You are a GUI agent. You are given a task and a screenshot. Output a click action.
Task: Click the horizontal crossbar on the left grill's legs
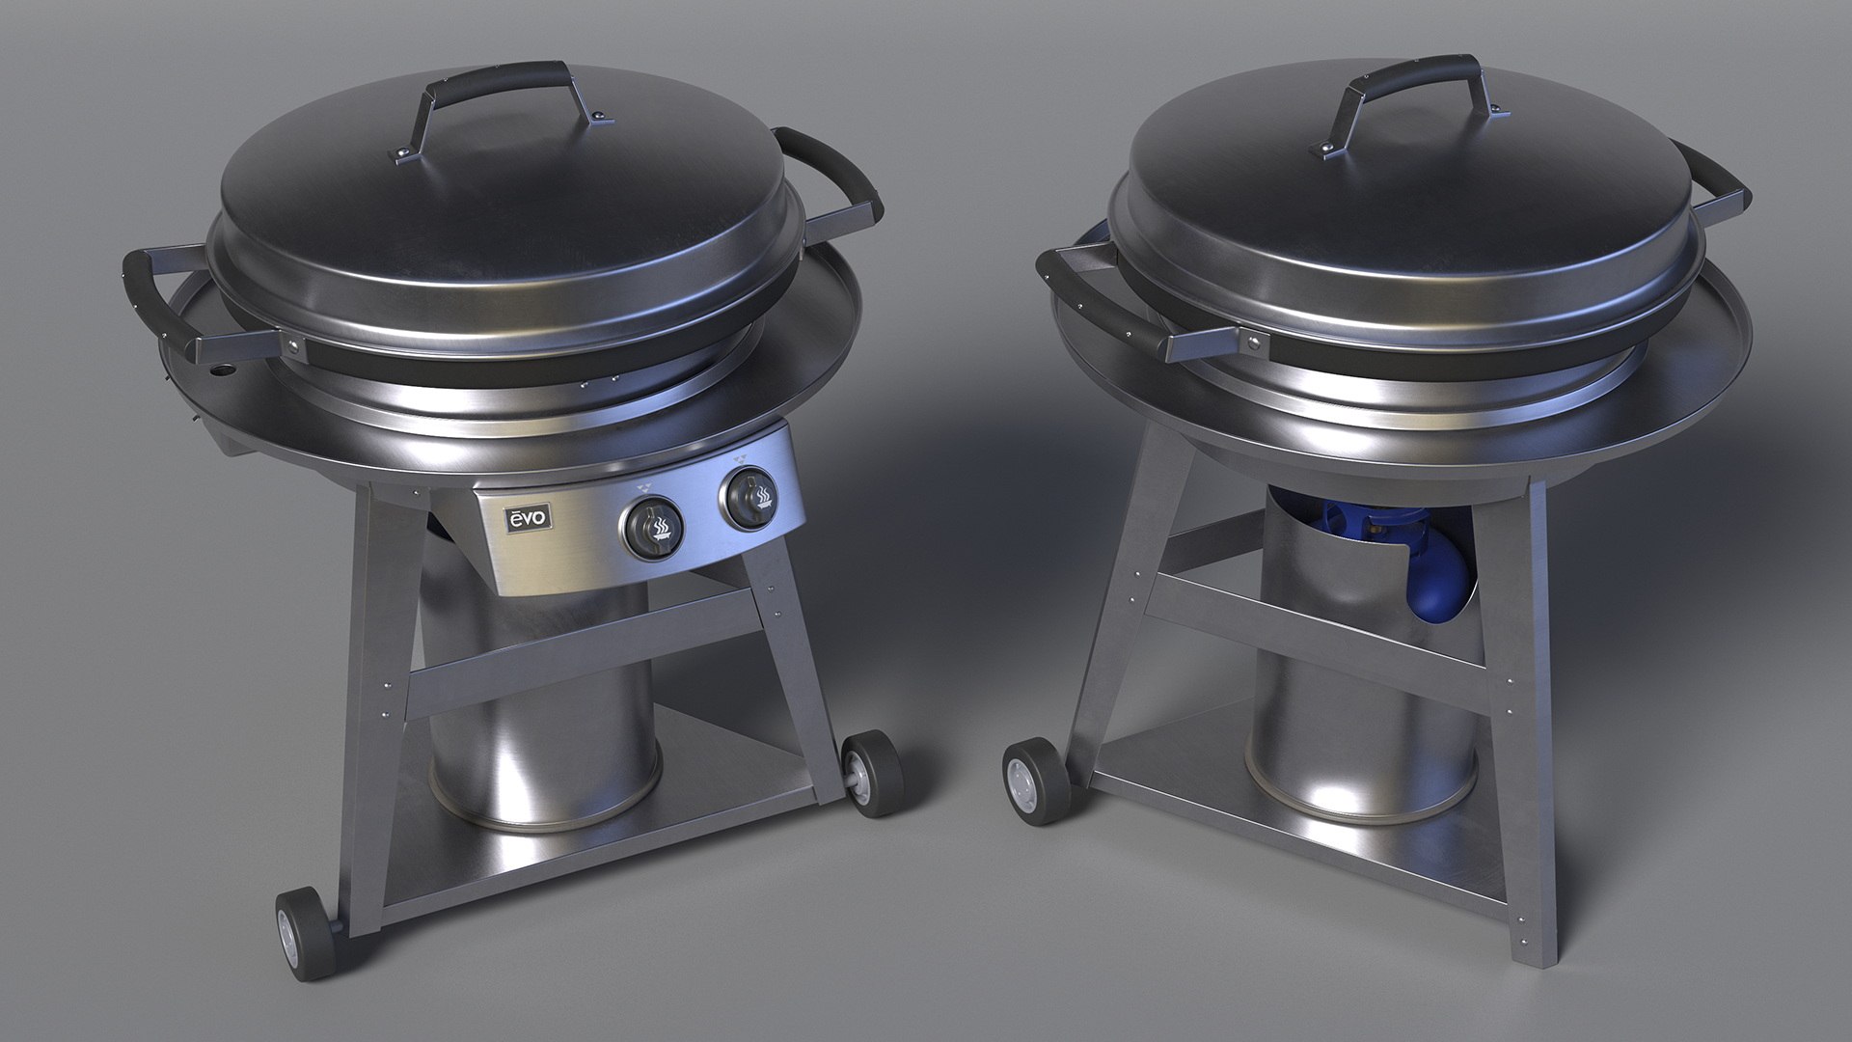click(579, 656)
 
